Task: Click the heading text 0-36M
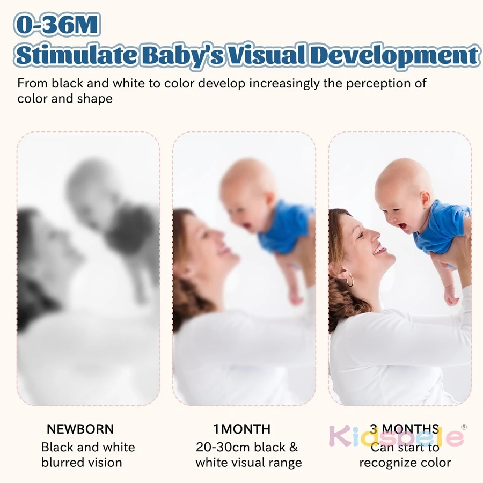pyautogui.click(x=57, y=25)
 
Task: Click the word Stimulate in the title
pyautogui.click(x=76, y=55)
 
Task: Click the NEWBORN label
pyautogui.click(x=80, y=429)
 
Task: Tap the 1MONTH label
pyautogui.click(x=242, y=429)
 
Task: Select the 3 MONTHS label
pyautogui.click(x=405, y=429)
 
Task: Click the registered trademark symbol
pyautogui.click(x=464, y=427)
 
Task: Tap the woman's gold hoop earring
pyautogui.click(x=349, y=281)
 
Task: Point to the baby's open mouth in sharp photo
pyautogui.click(x=402, y=226)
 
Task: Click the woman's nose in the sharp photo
pyautogui.click(x=376, y=236)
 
